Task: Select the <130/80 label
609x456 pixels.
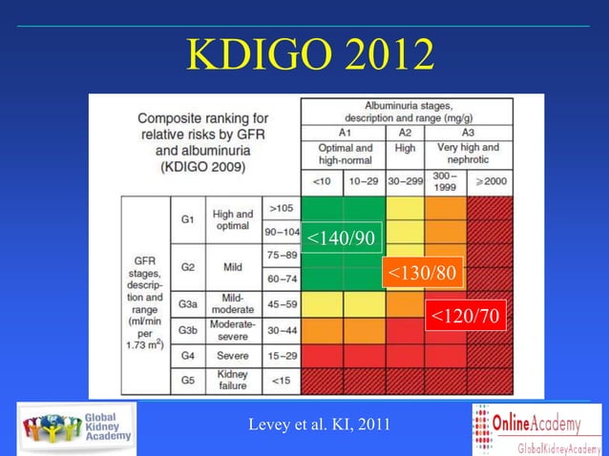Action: coord(422,274)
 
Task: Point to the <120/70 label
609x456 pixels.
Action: coord(464,316)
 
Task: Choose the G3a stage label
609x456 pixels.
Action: coord(188,305)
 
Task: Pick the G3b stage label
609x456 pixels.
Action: coord(188,330)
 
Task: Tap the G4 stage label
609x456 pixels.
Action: coord(187,355)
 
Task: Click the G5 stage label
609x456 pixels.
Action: coord(187,379)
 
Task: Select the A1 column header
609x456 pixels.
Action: coord(344,133)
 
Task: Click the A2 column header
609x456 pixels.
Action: coord(405,133)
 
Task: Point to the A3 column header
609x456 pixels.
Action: coord(468,133)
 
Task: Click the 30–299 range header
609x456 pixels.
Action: coord(405,180)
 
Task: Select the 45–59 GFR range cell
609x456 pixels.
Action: coord(280,305)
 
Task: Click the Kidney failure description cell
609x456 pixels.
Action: coord(233,379)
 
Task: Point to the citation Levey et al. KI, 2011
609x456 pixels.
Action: coord(319,424)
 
